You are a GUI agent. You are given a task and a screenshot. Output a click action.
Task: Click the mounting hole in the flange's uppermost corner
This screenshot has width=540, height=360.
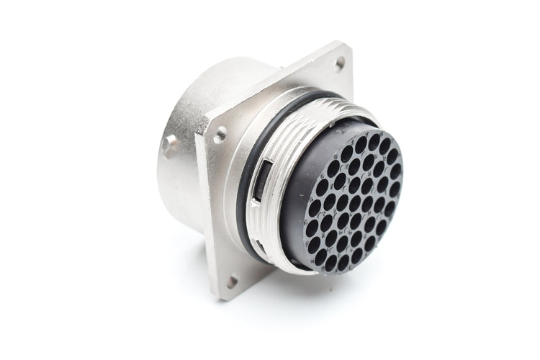click(338, 63)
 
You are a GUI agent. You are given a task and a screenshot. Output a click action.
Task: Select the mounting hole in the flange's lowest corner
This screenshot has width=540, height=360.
click(232, 280)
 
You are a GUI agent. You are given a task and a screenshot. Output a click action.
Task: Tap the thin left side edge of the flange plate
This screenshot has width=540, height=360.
click(204, 216)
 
